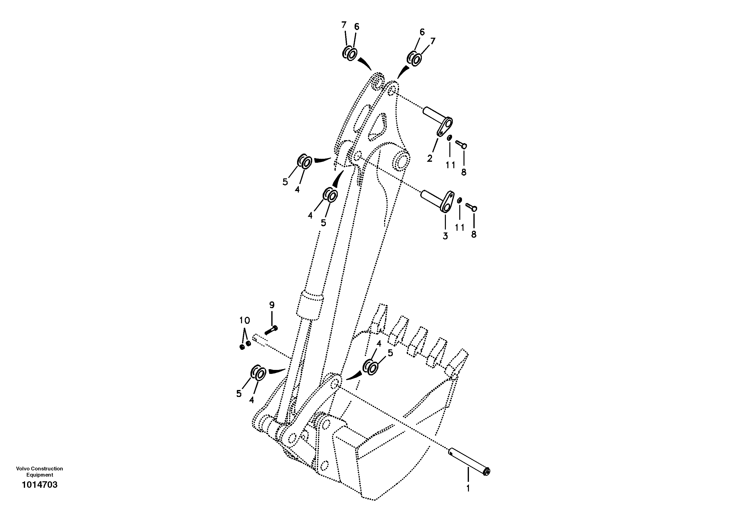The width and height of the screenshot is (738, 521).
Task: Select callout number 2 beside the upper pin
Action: coord(430,158)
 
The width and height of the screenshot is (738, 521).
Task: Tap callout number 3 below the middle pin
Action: coord(445,236)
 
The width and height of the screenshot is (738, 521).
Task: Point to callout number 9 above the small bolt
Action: coord(272,305)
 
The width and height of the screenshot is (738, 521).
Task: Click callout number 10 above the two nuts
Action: coord(245,320)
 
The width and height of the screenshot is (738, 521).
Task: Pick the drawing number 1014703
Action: coord(39,485)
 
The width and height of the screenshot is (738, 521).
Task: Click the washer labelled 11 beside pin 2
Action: coord(450,138)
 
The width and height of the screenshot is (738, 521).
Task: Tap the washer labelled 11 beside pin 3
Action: coord(460,200)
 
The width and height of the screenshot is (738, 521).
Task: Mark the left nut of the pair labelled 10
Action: coord(242,347)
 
